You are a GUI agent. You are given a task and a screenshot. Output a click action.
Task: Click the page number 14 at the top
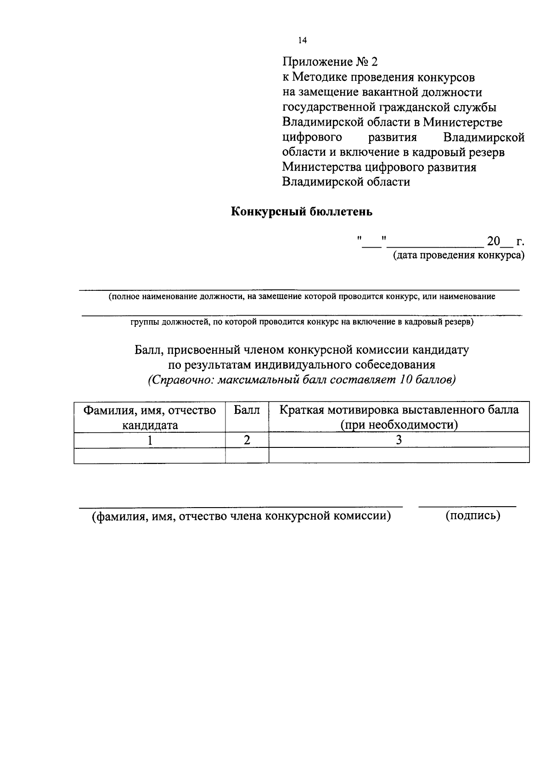click(x=302, y=40)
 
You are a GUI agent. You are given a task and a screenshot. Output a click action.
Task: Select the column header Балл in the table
click(x=247, y=410)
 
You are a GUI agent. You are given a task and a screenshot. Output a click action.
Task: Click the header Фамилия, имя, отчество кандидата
click(x=149, y=417)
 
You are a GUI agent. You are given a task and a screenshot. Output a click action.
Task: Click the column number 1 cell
click(x=149, y=440)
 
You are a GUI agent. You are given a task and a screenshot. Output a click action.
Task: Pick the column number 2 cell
click(x=247, y=440)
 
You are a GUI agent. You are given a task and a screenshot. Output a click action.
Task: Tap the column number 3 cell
click(x=399, y=440)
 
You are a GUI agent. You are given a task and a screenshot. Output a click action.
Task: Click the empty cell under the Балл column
click(x=247, y=455)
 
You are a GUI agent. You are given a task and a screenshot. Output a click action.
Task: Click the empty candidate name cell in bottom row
click(x=149, y=455)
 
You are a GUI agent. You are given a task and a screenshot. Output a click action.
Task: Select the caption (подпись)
click(x=472, y=515)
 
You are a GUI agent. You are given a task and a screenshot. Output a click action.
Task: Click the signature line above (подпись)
click(x=467, y=506)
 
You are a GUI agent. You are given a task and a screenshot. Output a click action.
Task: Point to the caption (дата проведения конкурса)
click(x=458, y=255)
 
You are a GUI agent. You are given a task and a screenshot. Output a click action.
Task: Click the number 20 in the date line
click(x=493, y=241)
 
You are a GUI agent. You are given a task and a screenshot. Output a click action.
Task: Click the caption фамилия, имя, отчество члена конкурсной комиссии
click(x=242, y=516)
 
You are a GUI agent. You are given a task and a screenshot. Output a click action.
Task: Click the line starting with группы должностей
click(x=302, y=322)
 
